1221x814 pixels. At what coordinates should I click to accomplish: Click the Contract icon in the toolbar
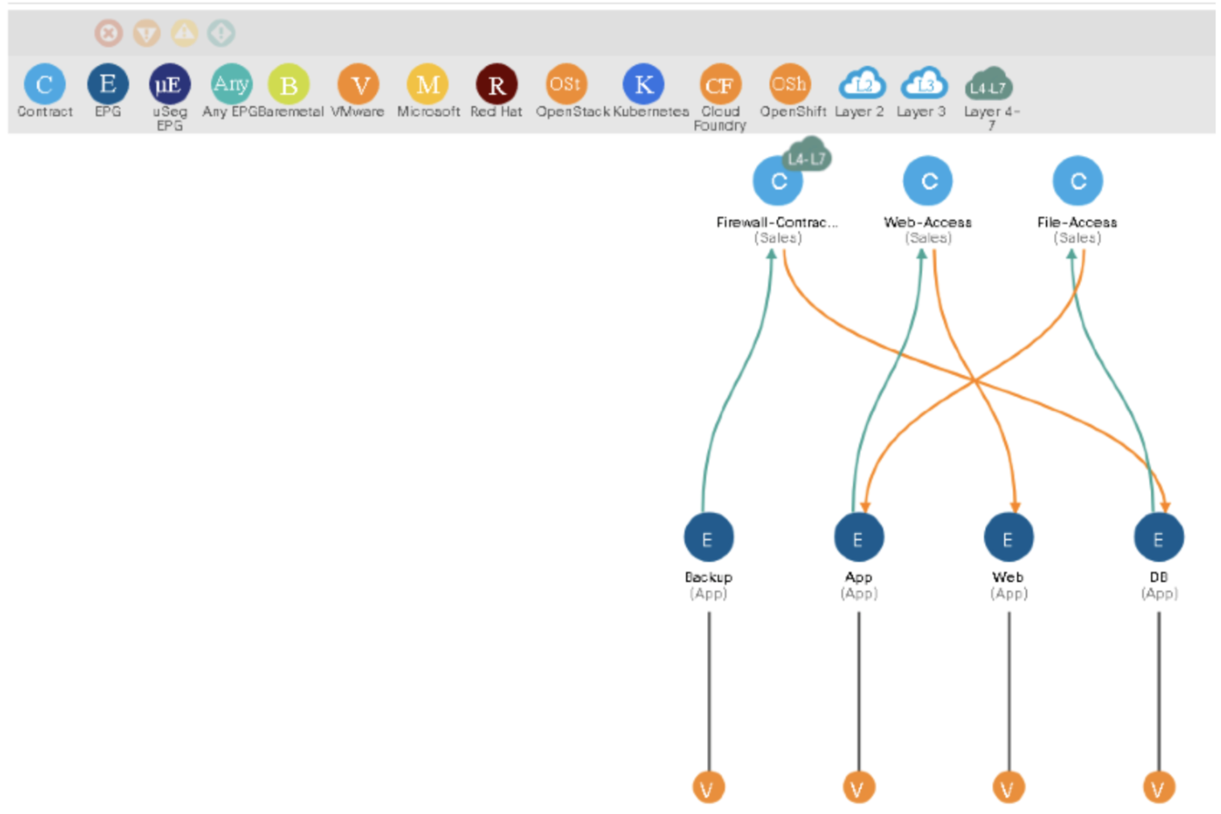click(x=44, y=84)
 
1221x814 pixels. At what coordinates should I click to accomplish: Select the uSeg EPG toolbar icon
click(x=169, y=84)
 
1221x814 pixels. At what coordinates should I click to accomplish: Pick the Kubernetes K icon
click(x=643, y=84)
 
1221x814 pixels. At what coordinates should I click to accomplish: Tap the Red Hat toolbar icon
click(x=496, y=84)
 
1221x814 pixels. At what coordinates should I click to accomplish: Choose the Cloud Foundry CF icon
click(x=719, y=84)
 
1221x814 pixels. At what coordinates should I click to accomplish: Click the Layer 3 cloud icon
click(x=924, y=83)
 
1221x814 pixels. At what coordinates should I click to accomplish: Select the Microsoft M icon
click(x=427, y=84)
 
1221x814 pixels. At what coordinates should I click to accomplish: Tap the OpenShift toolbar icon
click(x=789, y=84)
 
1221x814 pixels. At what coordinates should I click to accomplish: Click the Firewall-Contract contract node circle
click(x=777, y=181)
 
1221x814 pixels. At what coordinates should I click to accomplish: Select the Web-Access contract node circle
click(x=928, y=181)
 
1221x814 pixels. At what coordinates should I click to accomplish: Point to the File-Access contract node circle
click(x=1077, y=181)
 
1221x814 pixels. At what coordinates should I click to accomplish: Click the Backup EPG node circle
click(x=708, y=538)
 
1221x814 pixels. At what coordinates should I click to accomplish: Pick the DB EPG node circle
click(x=1158, y=538)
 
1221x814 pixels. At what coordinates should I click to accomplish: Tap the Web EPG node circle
click(x=1008, y=538)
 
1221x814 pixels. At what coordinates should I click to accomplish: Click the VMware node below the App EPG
click(x=858, y=788)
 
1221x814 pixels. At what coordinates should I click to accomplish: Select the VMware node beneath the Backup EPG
click(x=708, y=788)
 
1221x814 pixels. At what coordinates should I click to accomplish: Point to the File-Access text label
click(x=1076, y=222)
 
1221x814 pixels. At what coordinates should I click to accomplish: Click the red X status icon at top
click(x=108, y=33)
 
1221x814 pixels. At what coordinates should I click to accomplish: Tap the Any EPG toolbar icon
click(x=231, y=84)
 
